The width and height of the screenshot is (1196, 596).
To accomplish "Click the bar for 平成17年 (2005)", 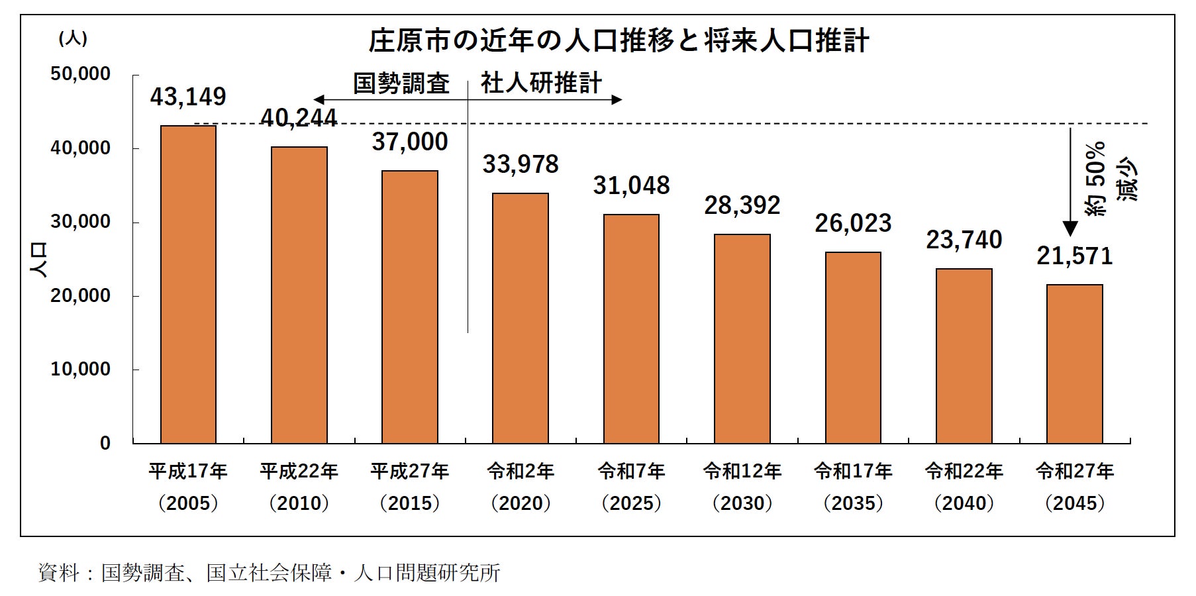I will click(188, 284).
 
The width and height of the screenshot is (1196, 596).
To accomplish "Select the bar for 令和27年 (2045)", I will click(1074, 364).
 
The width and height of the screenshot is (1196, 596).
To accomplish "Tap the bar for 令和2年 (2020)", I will click(521, 318).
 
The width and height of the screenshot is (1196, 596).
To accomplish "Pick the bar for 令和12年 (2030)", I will click(742, 338).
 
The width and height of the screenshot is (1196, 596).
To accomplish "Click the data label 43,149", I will click(188, 97).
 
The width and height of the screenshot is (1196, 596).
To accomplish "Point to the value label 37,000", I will click(410, 142).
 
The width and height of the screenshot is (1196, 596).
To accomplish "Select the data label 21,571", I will click(1074, 256).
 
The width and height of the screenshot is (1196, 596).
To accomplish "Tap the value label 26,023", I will click(853, 224).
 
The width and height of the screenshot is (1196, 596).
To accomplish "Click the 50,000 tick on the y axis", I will click(81, 74).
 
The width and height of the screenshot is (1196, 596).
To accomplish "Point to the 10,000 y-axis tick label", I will click(81, 370).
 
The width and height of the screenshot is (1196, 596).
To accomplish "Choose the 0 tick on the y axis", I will click(105, 444).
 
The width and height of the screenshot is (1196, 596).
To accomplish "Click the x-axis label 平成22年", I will click(299, 472).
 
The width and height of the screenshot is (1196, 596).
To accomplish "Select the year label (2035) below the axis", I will click(853, 503).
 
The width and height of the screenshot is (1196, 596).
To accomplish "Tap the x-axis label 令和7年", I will click(631, 472).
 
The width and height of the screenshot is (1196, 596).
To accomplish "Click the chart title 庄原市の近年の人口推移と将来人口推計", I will click(618, 41).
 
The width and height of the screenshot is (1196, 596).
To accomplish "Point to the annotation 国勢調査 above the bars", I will click(401, 84).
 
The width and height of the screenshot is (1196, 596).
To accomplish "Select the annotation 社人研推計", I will click(541, 83).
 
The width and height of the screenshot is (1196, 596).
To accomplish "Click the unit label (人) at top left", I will click(73, 38).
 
